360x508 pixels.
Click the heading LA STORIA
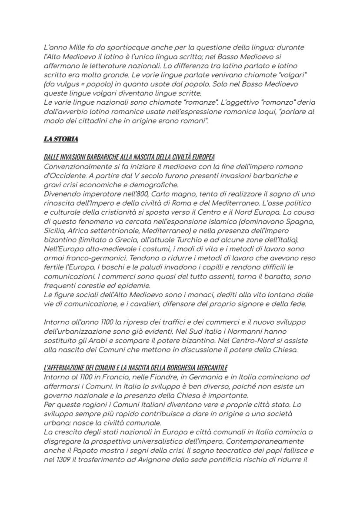(61, 139)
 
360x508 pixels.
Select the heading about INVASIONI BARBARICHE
(129, 157)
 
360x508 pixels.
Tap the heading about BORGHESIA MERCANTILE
(136, 368)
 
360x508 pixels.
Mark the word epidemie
(133, 286)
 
